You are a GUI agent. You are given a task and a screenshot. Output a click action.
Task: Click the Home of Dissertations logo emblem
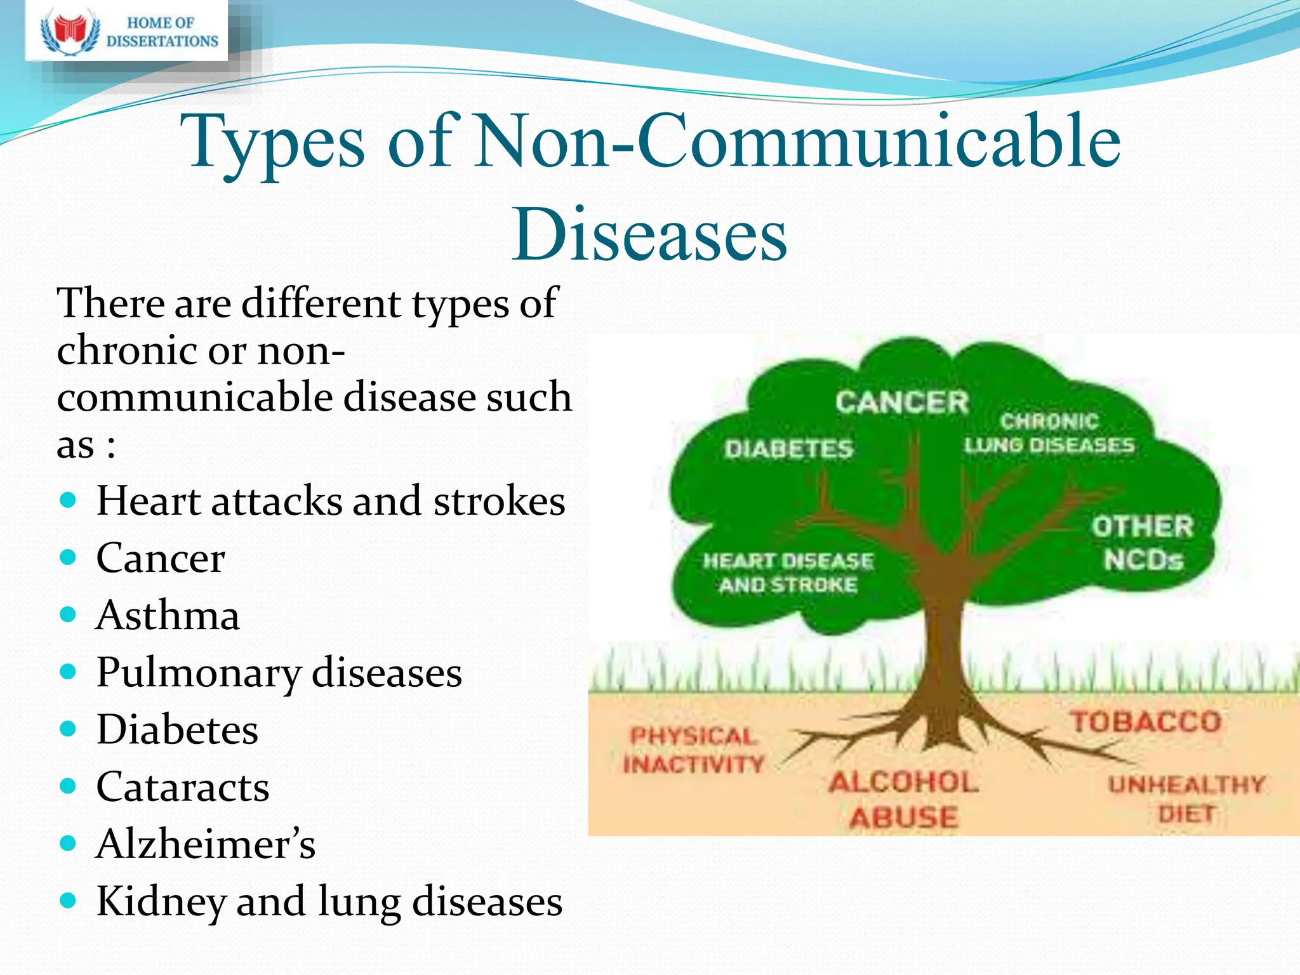coord(70,32)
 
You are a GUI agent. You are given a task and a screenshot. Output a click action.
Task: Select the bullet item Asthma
coord(168,615)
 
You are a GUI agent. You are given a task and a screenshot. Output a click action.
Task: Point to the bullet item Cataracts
coord(183,787)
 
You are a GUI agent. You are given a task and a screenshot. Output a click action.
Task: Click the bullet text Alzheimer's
coord(205,844)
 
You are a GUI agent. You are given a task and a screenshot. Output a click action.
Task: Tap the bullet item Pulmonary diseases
coord(279,672)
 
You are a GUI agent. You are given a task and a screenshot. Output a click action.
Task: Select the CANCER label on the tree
coord(901,402)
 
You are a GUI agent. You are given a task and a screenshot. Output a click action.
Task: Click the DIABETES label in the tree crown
coord(788,449)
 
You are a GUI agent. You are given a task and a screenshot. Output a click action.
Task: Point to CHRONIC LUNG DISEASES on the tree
coord(1049,434)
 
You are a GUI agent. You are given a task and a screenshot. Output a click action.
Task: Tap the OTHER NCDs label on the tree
coord(1143,543)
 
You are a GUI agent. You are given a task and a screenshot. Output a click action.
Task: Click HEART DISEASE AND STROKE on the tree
coord(788,573)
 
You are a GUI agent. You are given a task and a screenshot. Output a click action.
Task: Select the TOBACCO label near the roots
coord(1146,722)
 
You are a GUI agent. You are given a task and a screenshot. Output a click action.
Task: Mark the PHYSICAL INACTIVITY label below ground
coord(693,750)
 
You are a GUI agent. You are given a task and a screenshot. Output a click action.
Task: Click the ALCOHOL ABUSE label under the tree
coord(903,800)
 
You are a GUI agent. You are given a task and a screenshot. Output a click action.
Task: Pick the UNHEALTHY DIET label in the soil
coord(1186,799)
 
